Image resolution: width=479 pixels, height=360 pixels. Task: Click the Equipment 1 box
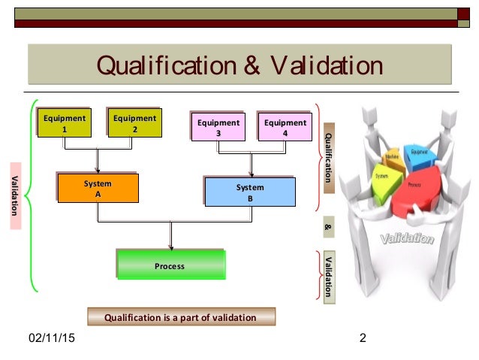click(65, 124)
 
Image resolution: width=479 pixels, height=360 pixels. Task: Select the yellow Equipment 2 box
click(134, 124)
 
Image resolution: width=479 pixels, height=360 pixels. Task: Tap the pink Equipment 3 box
click(218, 127)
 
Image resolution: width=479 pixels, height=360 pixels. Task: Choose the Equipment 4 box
click(285, 127)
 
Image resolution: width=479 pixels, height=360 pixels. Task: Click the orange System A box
click(98, 189)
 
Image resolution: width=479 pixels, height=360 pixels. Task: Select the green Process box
click(170, 265)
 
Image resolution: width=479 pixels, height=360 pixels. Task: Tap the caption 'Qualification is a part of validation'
click(181, 318)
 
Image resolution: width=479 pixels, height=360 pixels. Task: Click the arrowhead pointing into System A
click(98, 171)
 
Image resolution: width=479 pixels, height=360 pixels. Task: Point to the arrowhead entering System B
click(250, 174)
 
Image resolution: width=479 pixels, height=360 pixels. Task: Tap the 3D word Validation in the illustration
click(407, 240)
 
